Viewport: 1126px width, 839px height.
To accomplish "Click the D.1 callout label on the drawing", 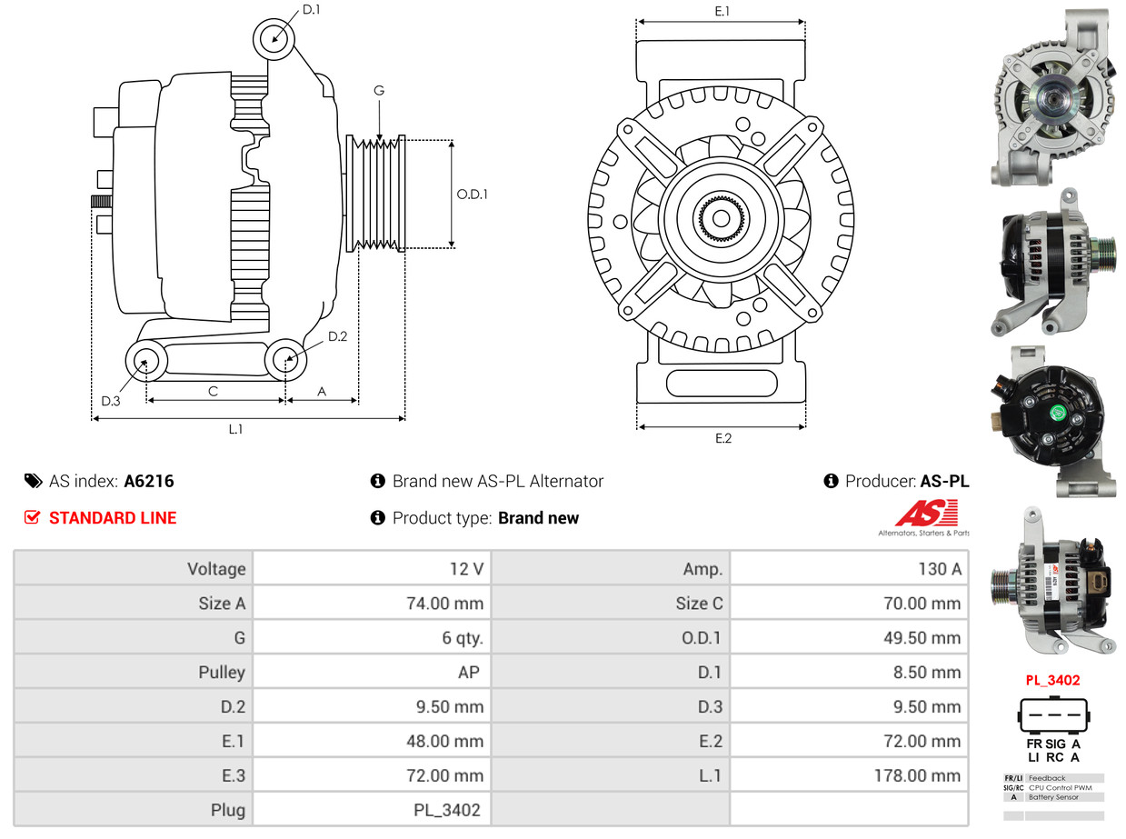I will click(312, 10).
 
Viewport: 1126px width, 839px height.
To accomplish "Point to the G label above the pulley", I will click(379, 90).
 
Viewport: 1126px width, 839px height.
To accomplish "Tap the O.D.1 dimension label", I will click(472, 194).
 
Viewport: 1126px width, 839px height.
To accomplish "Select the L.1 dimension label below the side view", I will click(235, 429).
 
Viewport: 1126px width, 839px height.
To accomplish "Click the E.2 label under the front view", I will click(722, 438).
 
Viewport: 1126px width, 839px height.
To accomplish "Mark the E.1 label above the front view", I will click(722, 11).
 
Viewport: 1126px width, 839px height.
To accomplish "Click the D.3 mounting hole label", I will click(110, 401).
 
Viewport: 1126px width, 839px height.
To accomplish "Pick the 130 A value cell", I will click(939, 569).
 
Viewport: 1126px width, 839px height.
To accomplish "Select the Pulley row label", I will click(222, 673).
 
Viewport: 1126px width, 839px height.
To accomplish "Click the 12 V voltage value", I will click(466, 569).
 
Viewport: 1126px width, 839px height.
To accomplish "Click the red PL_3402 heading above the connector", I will click(1052, 680).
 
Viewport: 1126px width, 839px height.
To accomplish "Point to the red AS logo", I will click(926, 514).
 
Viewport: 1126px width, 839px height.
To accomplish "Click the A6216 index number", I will click(149, 481).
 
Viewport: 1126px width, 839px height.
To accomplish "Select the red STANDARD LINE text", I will click(113, 518).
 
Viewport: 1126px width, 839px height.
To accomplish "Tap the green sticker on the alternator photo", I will click(1057, 414).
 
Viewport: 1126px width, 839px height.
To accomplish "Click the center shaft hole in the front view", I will click(721, 218).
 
